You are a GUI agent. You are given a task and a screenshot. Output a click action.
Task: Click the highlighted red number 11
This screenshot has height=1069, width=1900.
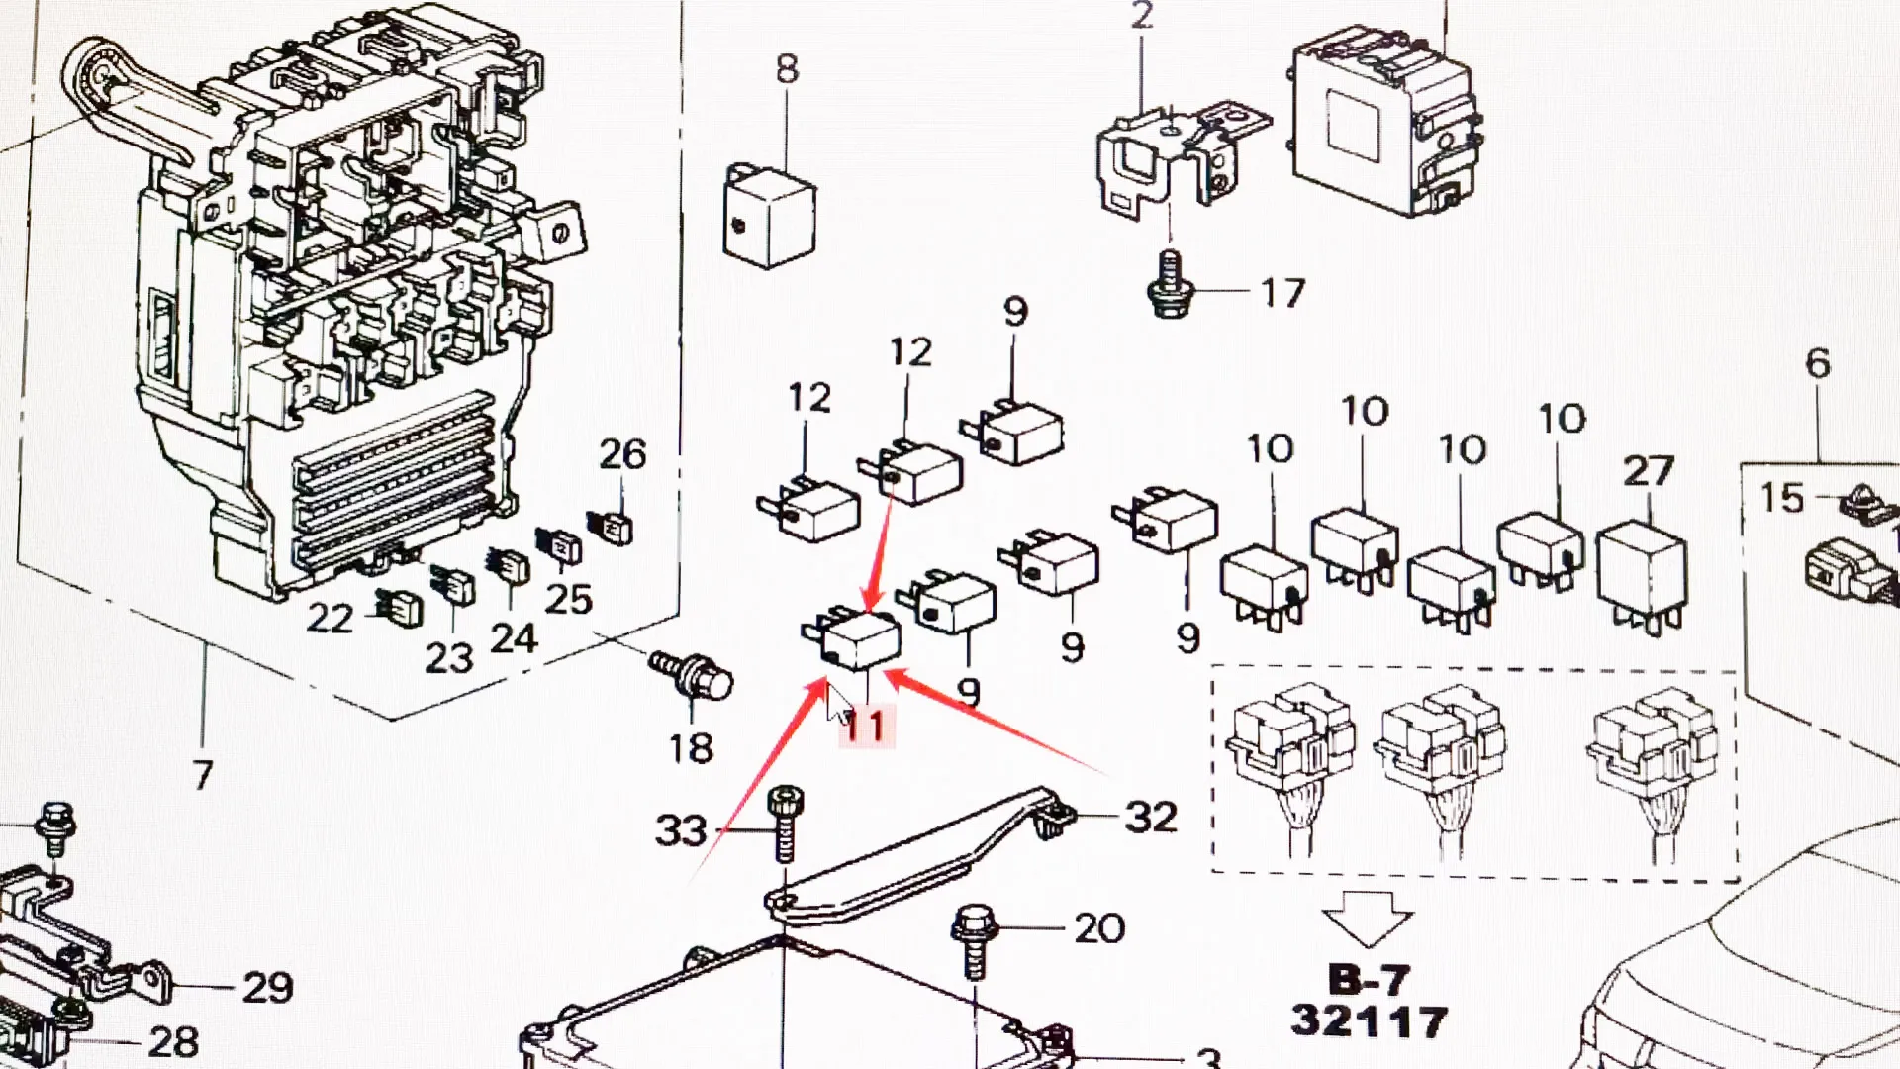pyautogui.click(x=865, y=728)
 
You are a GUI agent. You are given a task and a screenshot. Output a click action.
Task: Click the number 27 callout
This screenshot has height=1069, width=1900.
pyautogui.click(x=1648, y=472)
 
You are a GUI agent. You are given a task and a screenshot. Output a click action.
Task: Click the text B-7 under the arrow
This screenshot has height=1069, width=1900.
pyautogui.click(x=1368, y=981)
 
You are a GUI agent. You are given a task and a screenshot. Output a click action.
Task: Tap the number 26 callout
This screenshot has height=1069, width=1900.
pyautogui.click(x=622, y=455)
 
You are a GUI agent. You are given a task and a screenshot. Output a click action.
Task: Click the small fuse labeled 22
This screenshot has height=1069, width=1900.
pyautogui.click(x=398, y=608)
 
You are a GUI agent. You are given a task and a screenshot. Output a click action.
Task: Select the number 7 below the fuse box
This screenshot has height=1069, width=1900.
pyautogui.click(x=202, y=775)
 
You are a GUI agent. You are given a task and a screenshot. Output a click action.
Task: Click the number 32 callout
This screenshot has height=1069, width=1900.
pyautogui.click(x=1151, y=818)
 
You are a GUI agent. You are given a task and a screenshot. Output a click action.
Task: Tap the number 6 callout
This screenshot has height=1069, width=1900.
pyautogui.click(x=1817, y=364)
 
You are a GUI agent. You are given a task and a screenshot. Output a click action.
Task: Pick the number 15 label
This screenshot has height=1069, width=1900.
pyautogui.click(x=1781, y=498)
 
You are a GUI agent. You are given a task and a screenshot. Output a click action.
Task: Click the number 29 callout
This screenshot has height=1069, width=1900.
pyautogui.click(x=267, y=988)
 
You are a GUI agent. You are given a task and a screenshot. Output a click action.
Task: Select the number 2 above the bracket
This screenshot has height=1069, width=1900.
pyautogui.click(x=1141, y=16)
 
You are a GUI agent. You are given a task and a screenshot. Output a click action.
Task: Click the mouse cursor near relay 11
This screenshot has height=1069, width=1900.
pyautogui.click(x=838, y=705)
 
